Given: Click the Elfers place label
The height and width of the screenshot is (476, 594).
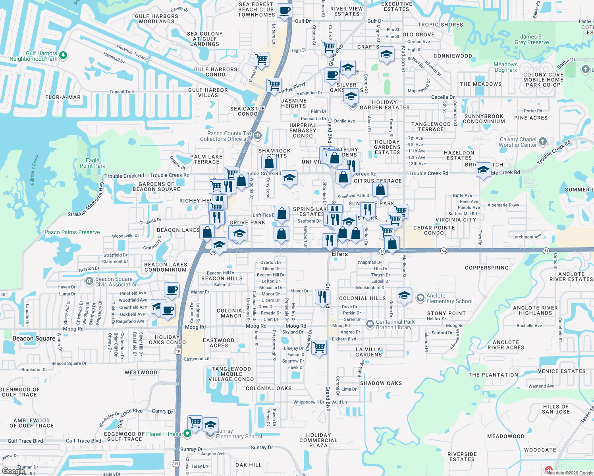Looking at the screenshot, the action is click(339, 254).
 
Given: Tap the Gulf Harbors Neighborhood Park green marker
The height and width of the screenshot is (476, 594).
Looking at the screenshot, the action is click(63, 56).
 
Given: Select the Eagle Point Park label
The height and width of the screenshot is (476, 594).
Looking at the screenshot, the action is click(93, 163).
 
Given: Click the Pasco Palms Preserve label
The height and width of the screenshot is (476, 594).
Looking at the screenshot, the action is click(72, 232).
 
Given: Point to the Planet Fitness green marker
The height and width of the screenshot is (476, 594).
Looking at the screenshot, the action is click(187, 434).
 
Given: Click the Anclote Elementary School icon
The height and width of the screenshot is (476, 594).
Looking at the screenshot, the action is click(420, 298).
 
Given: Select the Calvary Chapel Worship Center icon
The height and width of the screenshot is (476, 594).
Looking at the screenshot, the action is click(543, 142).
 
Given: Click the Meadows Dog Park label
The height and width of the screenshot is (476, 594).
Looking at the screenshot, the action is click(505, 67).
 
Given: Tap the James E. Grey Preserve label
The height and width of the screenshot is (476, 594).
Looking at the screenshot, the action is click(531, 39).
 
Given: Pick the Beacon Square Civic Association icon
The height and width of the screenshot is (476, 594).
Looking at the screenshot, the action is click(89, 281).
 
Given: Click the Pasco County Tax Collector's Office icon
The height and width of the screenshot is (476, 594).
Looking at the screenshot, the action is click(258, 136).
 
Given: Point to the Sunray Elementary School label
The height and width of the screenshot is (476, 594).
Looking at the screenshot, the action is click(239, 434).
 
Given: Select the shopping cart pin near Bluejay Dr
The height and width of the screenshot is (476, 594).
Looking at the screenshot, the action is click(319, 348).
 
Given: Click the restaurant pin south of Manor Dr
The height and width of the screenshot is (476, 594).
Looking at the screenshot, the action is click(322, 297).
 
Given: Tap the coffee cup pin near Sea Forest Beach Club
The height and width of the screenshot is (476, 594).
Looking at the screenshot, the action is click(284, 11).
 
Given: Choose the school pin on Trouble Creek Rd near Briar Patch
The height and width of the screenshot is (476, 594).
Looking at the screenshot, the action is click(483, 170).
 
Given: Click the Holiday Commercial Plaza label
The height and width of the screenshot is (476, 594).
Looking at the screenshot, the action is click(318, 440).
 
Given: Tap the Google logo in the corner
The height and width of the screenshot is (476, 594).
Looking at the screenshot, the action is click(13, 471).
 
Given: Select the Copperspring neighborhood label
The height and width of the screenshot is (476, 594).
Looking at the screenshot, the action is click(486, 268).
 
